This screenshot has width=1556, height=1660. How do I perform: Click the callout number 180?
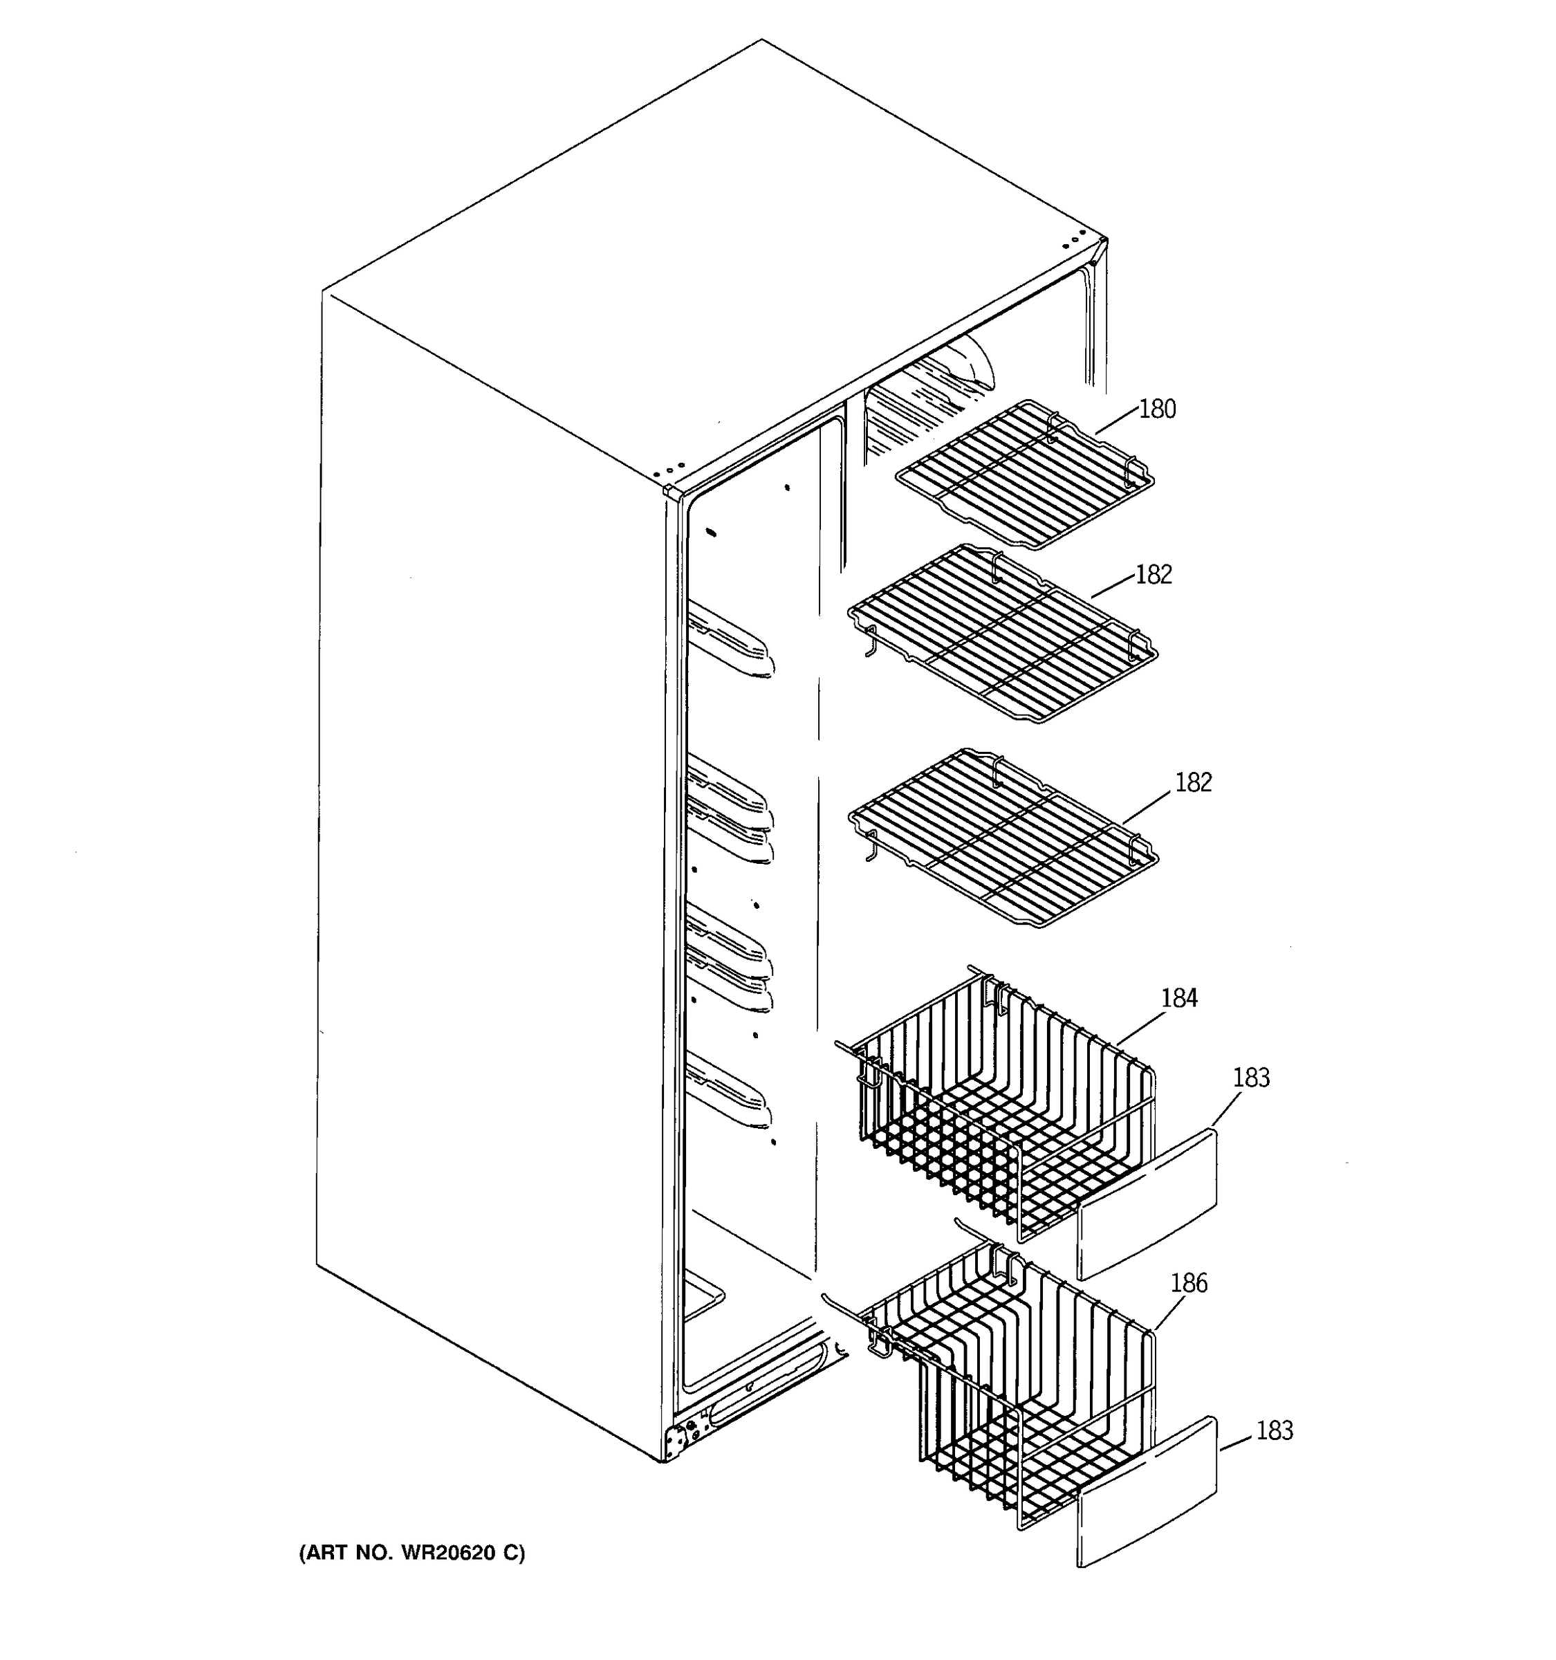point(1157,409)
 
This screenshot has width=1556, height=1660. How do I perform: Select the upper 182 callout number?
point(1154,575)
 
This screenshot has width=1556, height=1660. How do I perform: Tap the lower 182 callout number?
point(1193,782)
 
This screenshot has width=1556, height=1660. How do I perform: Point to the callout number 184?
point(1178,998)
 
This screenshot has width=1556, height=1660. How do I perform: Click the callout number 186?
point(1189,1282)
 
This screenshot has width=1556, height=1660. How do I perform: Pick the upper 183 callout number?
point(1251,1078)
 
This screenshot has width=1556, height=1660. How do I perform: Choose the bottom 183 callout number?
point(1274,1431)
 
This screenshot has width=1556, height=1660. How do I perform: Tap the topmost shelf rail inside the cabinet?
point(730,643)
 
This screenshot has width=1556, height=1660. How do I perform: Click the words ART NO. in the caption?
point(351,1553)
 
